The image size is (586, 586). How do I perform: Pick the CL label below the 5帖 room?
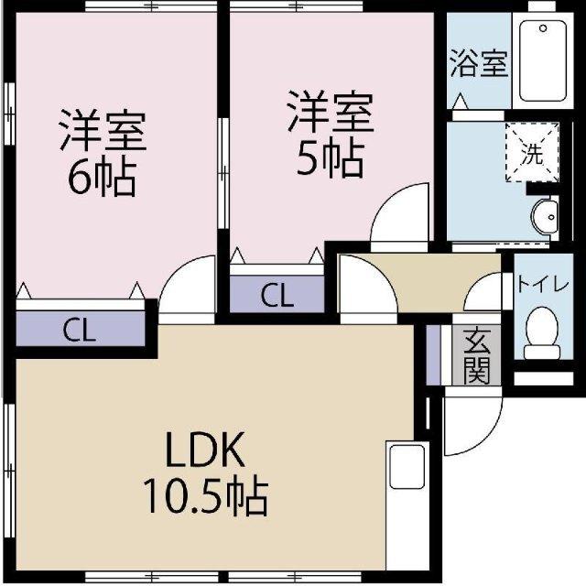coord(277,295)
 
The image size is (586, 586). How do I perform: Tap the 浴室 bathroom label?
coord(477,66)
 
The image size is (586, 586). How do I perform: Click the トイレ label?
coord(543,283)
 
